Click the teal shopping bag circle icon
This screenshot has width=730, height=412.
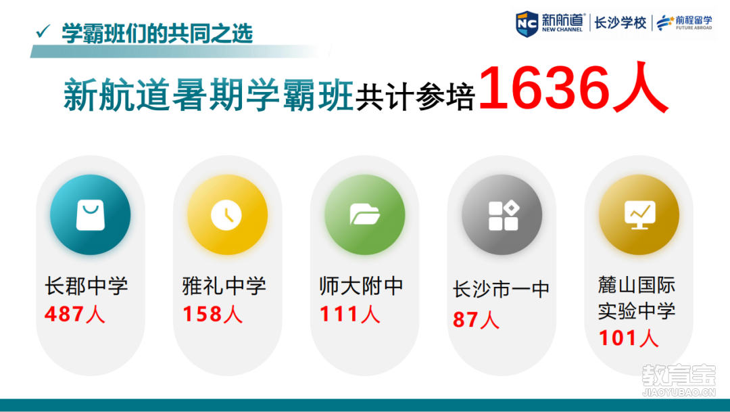click(91, 215)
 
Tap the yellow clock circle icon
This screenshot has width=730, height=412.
click(227, 215)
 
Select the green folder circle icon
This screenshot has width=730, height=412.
click(364, 215)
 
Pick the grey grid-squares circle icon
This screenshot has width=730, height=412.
click(502, 215)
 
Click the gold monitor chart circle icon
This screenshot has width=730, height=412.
click(639, 215)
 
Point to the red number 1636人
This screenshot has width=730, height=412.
click(574, 88)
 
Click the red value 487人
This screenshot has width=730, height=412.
click(75, 314)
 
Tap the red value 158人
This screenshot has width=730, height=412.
click(213, 314)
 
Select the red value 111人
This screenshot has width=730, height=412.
click(350, 314)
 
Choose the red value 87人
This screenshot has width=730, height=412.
click(476, 320)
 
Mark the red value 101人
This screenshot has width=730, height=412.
click(629, 338)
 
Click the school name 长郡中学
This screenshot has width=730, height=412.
click(86, 285)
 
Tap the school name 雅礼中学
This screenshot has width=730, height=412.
click(224, 285)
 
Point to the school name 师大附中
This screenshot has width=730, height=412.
click(361, 285)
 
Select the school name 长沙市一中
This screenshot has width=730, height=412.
click(501, 290)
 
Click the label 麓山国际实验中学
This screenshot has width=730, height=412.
click(637, 298)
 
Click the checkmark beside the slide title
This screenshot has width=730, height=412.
click(43, 31)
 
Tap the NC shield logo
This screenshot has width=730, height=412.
click(527, 23)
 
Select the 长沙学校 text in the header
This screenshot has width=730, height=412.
click(620, 22)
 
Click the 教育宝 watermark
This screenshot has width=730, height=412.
click(679, 380)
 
